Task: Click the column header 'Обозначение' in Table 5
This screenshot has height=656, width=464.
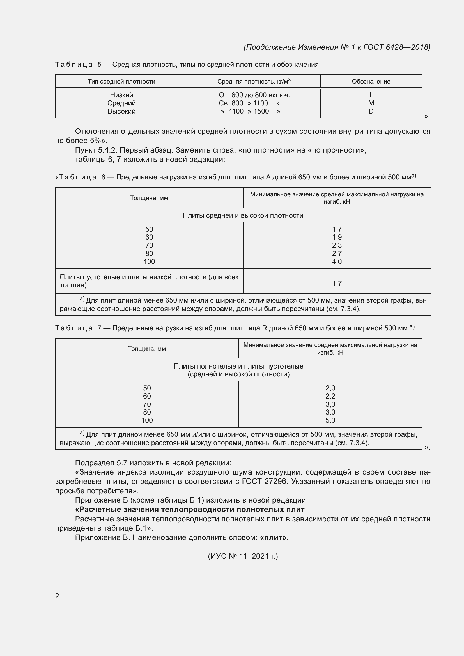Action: [371, 81]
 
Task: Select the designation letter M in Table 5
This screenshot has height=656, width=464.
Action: [371, 103]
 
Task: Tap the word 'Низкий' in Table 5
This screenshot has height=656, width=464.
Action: [121, 95]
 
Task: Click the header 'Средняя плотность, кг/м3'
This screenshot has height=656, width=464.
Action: [254, 81]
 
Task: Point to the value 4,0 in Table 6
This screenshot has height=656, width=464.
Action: [337, 261]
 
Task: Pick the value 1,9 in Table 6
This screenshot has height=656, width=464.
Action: [337, 237]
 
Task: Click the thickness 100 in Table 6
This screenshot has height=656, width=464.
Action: [149, 261]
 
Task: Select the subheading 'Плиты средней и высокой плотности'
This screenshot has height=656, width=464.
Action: [243, 215]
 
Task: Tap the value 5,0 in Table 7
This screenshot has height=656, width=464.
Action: [330, 420]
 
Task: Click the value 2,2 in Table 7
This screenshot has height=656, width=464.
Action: [330, 396]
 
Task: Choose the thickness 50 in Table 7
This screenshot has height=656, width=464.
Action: [147, 388]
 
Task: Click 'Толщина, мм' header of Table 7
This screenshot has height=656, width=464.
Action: [147, 349]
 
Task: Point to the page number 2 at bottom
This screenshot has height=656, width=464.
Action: [57, 596]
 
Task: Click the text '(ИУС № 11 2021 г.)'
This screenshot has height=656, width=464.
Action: [243, 556]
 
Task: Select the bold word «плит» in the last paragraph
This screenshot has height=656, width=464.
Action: [274, 537]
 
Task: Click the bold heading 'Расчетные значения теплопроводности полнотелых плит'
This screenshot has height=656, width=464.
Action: [190, 509]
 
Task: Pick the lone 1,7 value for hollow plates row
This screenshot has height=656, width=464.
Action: [337, 284]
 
